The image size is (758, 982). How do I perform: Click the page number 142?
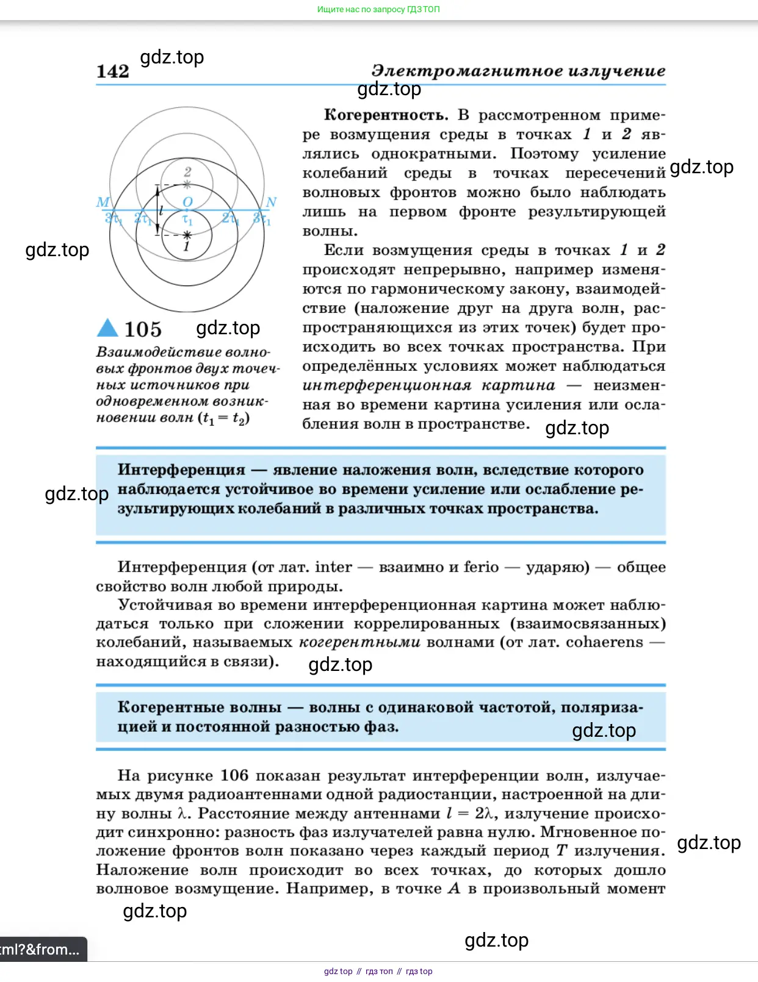113,71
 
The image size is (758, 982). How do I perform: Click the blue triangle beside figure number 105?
107,328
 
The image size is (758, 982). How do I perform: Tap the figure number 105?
143,329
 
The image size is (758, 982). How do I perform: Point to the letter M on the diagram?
103,202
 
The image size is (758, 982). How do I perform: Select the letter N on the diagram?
271,202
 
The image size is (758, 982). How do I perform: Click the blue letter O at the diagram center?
187,202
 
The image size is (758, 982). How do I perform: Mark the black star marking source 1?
187,235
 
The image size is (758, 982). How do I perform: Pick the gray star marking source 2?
187,184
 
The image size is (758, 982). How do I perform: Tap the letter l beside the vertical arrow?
161,210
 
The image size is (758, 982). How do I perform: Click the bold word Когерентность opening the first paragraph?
386,115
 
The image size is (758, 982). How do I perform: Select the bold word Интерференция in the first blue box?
181,470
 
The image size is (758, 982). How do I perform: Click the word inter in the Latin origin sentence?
333,567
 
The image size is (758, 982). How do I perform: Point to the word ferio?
481,567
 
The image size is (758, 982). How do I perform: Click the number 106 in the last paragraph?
234,775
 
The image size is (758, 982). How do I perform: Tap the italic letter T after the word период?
561,851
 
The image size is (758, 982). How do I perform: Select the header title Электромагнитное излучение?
518,71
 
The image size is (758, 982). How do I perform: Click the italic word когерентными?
359,642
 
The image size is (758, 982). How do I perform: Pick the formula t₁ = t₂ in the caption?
223,418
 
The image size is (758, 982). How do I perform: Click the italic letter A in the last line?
454,889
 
